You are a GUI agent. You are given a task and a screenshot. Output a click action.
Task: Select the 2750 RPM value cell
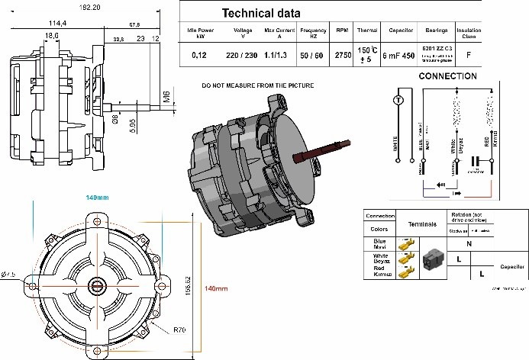pos(342,56)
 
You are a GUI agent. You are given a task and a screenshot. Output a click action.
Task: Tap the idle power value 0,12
pos(198,56)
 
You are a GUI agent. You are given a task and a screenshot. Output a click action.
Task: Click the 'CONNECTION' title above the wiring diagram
pos(450,77)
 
